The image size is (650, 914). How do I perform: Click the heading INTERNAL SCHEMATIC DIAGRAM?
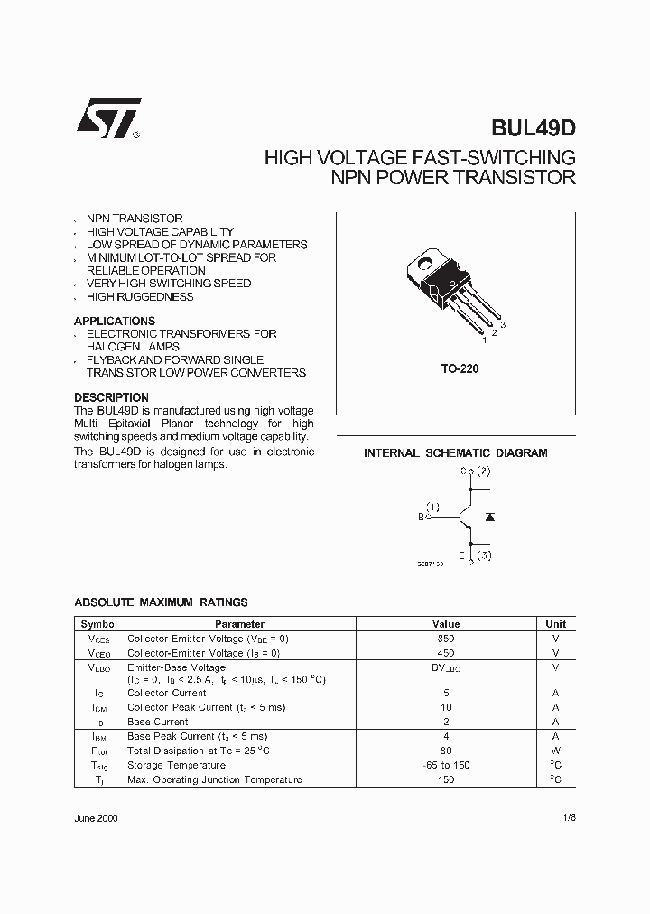(x=455, y=453)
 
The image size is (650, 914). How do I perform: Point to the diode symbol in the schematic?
(x=489, y=517)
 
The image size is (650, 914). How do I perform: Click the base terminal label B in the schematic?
(x=421, y=518)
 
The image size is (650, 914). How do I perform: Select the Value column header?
(x=446, y=624)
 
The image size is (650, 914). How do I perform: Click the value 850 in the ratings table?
(x=446, y=639)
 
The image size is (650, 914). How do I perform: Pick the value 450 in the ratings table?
(x=446, y=653)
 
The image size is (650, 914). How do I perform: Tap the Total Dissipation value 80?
(x=446, y=751)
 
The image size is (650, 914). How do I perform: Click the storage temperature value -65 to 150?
(x=446, y=765)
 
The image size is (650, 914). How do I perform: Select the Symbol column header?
(x=98, y=624)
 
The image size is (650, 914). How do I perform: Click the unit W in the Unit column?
(x=555, y=751)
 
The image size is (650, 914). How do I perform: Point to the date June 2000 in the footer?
(x=96, y=817)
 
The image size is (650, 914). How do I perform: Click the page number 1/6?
(x=567, y=817)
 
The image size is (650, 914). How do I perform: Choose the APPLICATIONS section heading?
(x=115, y=321)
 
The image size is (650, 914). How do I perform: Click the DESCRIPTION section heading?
(x=111, y=397)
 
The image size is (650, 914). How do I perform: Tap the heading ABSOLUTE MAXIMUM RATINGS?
(x=161, y=602)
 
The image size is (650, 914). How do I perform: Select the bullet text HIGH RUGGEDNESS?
(x=140, y=296)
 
